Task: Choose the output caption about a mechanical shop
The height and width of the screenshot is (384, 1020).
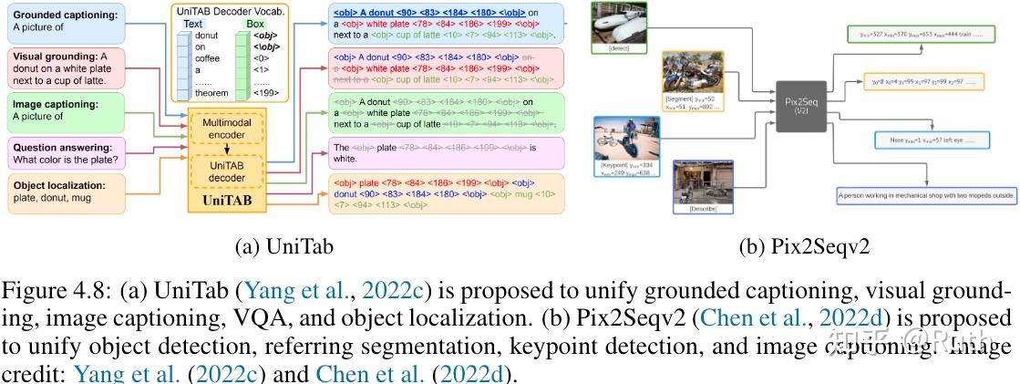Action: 926,193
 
